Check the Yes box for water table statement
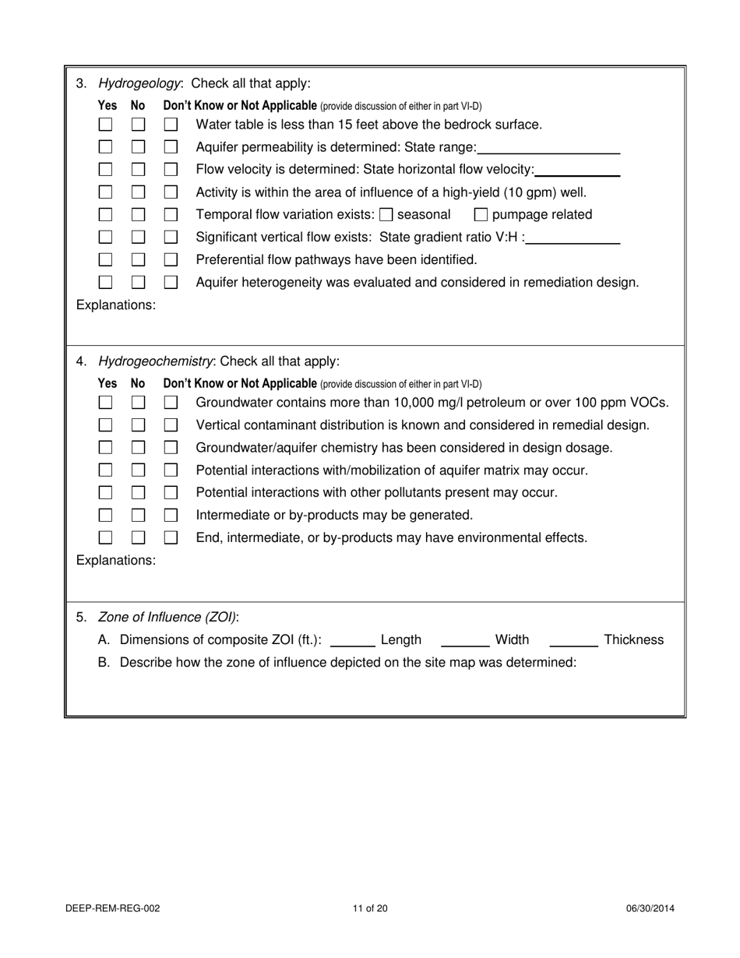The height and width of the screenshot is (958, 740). (105, 125)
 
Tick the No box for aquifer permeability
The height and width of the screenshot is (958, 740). (138, 147)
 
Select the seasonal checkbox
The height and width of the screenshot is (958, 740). (386, 215)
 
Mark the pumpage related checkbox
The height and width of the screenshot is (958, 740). (481, 215)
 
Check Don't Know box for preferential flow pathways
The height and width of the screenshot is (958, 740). (171, 260)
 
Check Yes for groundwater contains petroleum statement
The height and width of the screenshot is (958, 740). (105, 403)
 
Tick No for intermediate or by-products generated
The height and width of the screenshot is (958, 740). (138, 516)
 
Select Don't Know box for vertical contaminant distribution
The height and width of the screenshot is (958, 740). (171, 425)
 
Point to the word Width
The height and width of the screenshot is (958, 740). (512, 640)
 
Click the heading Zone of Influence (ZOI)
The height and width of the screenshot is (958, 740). (168, 618)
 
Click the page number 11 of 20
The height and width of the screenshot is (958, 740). (370, 908)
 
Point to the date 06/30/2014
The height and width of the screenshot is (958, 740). (650, 908)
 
